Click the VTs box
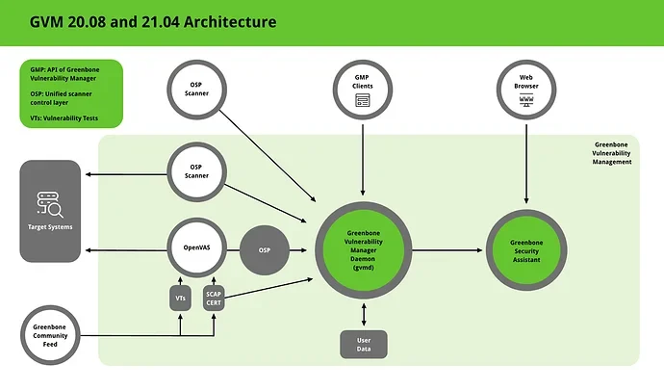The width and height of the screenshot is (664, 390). coord(180,298)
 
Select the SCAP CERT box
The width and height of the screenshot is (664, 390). coord(214,298)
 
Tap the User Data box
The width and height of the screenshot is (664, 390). coord(364,344)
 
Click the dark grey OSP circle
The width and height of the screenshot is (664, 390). coord(265,250)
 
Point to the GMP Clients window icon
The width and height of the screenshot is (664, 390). coord(363,100)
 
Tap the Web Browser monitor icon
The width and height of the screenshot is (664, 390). coord(526,100)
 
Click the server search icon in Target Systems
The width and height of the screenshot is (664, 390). coord(50,205)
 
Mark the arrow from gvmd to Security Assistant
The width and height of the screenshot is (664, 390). coord(447,250)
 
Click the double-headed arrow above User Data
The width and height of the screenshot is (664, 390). coord(364,315)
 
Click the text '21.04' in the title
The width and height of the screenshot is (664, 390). coord(160,21)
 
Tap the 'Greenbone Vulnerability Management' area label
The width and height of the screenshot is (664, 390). coord(611,153)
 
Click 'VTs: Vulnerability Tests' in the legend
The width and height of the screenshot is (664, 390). coord(64,118)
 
